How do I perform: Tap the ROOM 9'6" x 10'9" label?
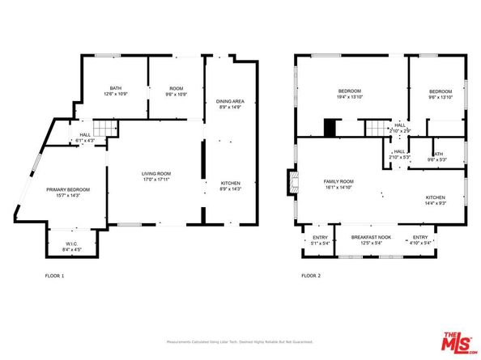[177, 90]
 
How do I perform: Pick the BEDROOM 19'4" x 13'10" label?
[350, 93]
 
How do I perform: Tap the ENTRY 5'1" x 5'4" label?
[320, 239]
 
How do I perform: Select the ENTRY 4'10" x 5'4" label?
[426, 239]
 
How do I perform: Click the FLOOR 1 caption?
[54, 276]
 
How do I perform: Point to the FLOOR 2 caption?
[313, 276]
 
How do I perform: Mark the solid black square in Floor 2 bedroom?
[330, 128]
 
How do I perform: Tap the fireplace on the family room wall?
[291, 183]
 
